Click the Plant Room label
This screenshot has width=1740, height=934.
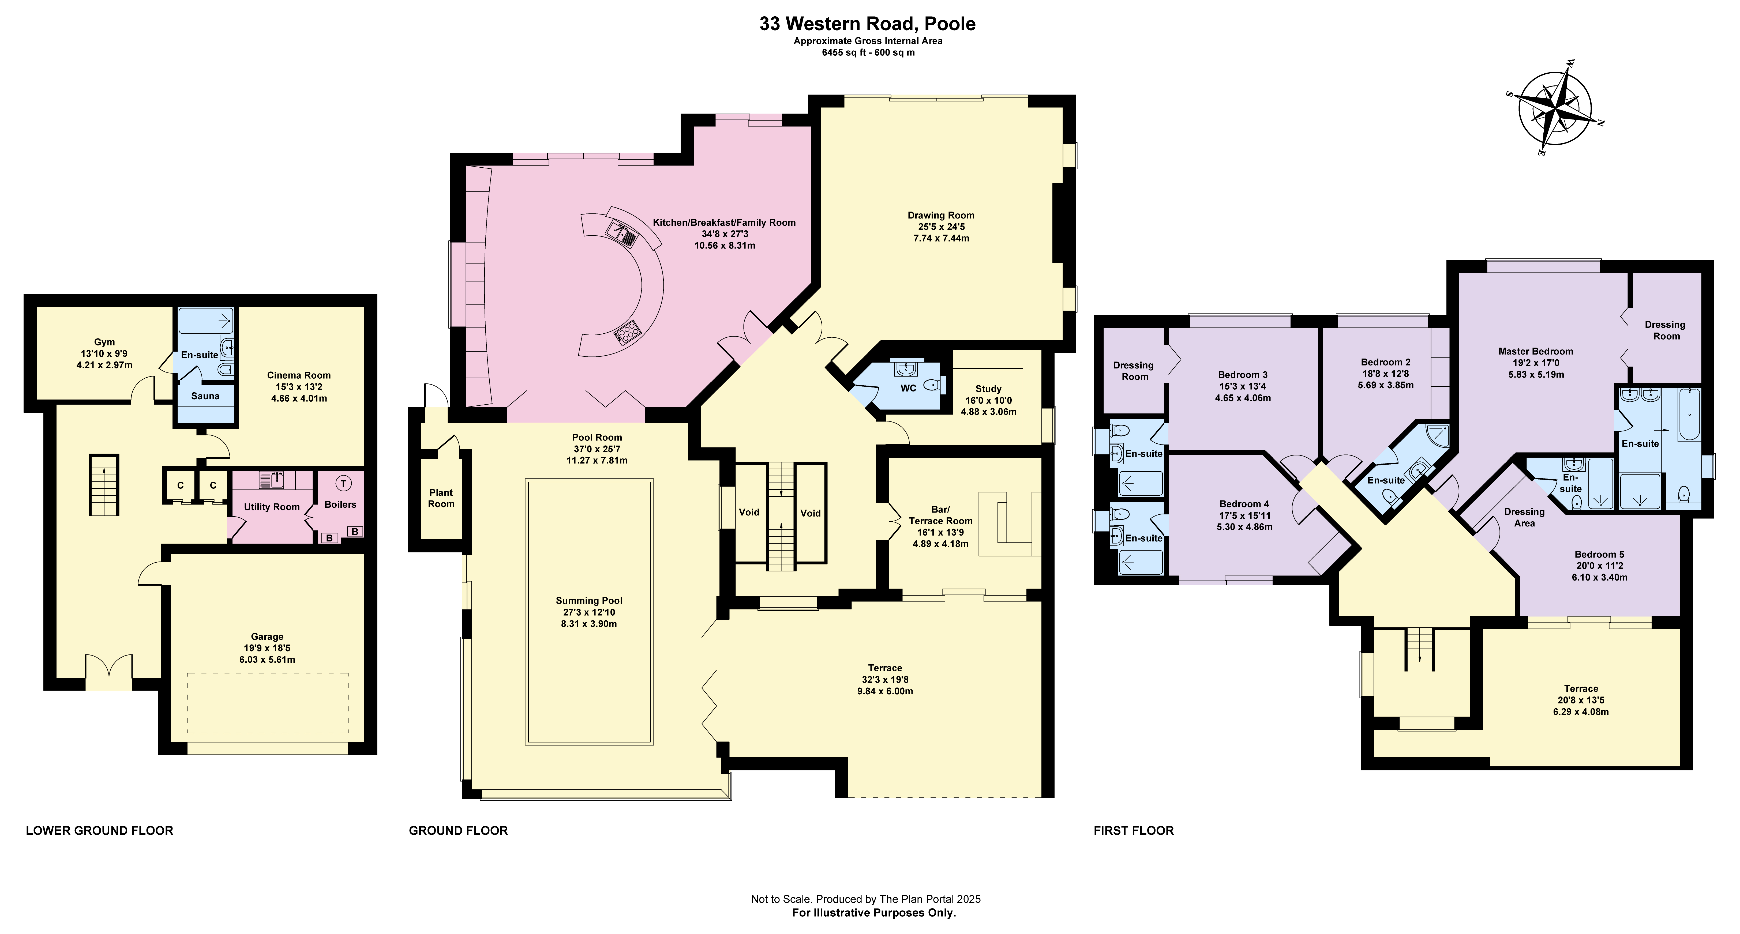pos(441,498)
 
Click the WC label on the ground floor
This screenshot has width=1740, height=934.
pos(908,388)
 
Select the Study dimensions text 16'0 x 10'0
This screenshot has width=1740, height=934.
pos(988,401)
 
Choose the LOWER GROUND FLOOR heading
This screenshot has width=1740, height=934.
pos(99,831)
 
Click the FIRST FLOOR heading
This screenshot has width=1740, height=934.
pos(1133,831)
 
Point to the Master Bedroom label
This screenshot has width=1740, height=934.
pos(1535,351)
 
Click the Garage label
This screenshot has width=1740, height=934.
pos(267,636)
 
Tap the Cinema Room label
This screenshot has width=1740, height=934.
pos(299,375)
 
